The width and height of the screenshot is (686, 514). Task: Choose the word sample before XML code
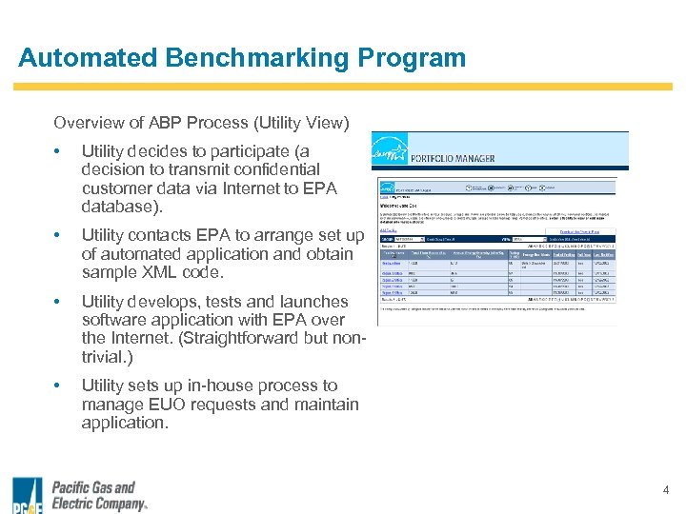pos(110,272)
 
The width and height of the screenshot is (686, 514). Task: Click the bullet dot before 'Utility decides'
pos(59,152)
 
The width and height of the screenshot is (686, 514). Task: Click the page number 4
pos(666,490)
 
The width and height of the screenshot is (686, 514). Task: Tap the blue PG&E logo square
pos(27,496)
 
